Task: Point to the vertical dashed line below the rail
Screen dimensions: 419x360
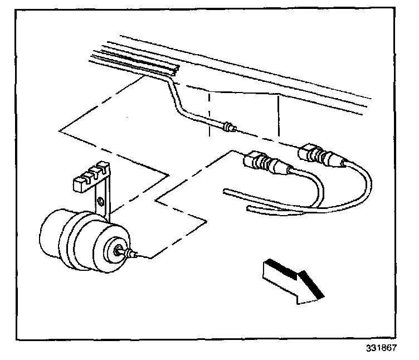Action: pyautogui.click(x=209, y=109)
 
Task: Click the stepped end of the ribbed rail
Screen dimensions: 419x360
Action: pyautogui.click(x=174, y=69)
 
